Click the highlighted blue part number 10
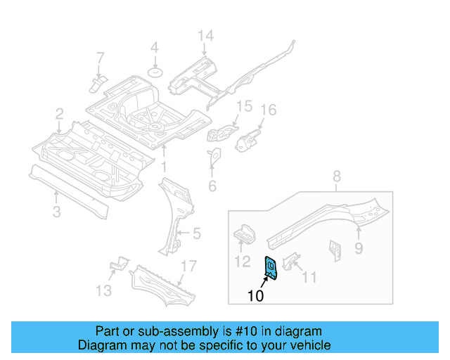tap(270, 267)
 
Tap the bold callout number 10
tap(256, 296)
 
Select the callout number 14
tap(205, 37)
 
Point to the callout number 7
tap(100, 57)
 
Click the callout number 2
tap(60, 113)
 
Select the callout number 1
tap(164, 167)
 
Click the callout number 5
tap(197, 233)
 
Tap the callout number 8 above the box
tap(336, 176)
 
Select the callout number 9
tap(359, 247)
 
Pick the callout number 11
tap(309, 276)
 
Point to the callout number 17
tap(187, 266)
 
